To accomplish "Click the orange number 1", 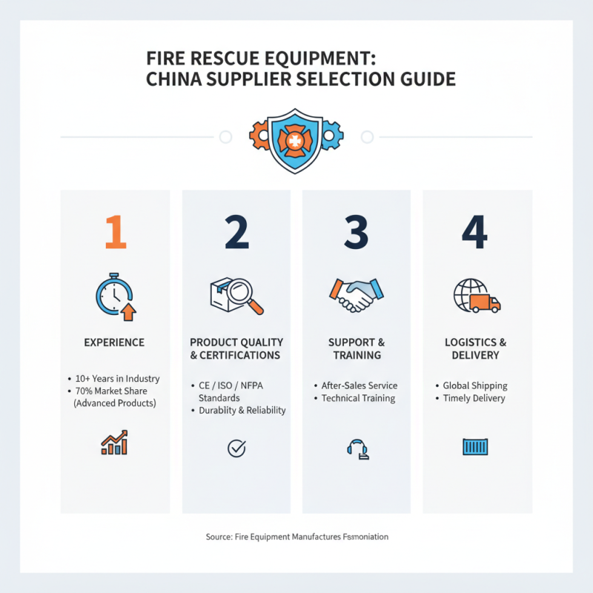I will click(115, 233).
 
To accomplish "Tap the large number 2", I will click(236, 233).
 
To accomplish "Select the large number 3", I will click(357, 233).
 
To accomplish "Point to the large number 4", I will click(475, 233).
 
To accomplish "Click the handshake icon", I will click(356, 295).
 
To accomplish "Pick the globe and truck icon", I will click(476, 296).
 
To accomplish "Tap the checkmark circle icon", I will click(236, 448).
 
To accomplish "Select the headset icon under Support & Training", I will click(357, 448).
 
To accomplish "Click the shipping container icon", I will click(475, 447).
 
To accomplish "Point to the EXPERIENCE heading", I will click(114, 342).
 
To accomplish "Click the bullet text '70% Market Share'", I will click(117, 391).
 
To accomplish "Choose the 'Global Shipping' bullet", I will click(474, 385).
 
